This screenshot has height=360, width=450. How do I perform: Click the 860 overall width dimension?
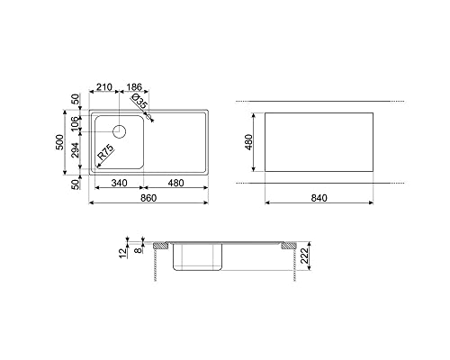148,198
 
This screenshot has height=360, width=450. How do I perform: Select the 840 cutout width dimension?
319,198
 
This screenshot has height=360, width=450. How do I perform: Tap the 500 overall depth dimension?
60,142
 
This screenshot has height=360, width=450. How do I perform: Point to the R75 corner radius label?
105,152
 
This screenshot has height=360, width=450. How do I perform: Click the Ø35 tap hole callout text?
139,101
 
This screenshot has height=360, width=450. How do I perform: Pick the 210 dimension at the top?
103,87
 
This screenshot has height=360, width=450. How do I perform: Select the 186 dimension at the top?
134,87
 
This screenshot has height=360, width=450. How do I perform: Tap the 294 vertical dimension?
75,150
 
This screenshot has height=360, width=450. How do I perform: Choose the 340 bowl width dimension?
119,183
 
